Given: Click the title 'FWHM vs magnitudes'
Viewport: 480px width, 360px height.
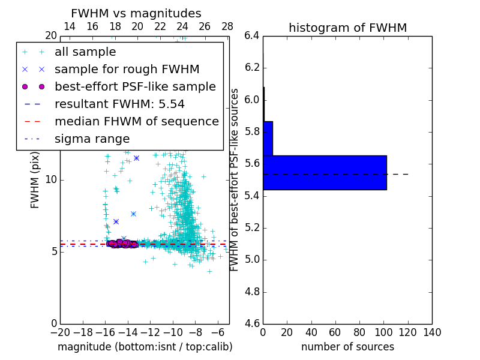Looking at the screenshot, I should (136, 14).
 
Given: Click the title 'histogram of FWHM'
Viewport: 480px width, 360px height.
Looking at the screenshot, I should (347, 28).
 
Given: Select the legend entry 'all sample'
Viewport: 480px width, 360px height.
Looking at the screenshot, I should (85, 52).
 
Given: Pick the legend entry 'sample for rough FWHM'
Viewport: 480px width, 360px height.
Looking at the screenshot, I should (127, 70).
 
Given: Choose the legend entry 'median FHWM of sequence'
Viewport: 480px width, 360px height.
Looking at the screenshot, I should (136, 121).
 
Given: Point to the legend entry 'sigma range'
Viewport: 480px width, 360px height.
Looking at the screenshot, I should (92, 139).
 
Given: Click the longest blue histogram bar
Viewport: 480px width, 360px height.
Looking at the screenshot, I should (325, 173).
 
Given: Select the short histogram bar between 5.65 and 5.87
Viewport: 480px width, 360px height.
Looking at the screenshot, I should (268, 139).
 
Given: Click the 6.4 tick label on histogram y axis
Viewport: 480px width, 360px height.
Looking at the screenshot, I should (252, 36).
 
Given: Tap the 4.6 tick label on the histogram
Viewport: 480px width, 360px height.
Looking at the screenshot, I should (252, 323).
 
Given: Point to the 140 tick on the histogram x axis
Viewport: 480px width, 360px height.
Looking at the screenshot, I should (432, 332).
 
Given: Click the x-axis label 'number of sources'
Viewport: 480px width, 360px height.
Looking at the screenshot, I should (347, 347).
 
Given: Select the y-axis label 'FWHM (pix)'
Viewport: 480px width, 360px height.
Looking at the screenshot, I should (35, 179).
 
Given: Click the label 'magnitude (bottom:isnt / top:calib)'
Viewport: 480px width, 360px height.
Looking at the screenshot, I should (145, 347).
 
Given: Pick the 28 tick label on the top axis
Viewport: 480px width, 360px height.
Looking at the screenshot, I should (227, 27).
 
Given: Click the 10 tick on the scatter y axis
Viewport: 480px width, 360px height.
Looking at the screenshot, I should (52, 180).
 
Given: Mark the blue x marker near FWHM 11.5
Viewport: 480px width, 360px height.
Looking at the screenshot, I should (136, 158).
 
